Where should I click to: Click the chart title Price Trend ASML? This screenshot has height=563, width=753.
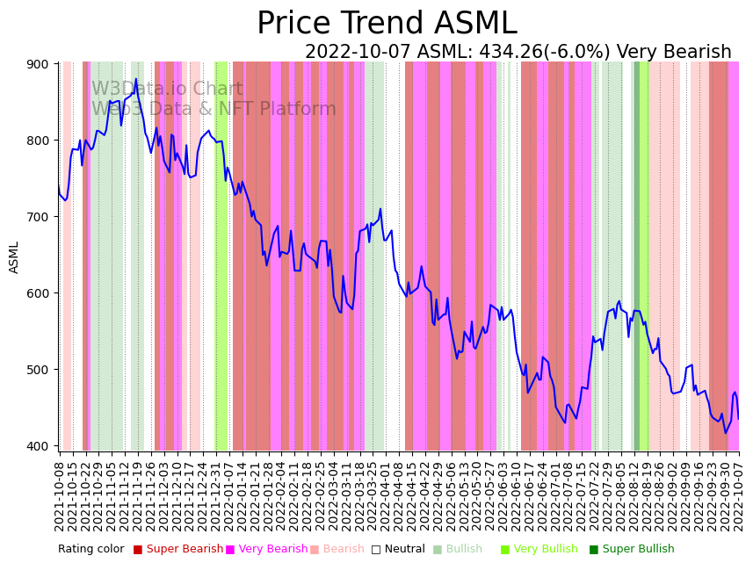tap(387, 24)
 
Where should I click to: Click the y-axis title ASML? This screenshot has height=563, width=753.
tap(14, 256)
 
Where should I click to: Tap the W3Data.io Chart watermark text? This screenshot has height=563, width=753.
tap(167, 90)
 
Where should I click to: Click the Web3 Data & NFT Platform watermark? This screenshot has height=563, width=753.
tap(214, 110)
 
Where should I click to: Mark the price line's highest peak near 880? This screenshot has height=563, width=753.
tap(135, 80)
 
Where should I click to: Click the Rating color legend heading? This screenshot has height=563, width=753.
tap(91, 550)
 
